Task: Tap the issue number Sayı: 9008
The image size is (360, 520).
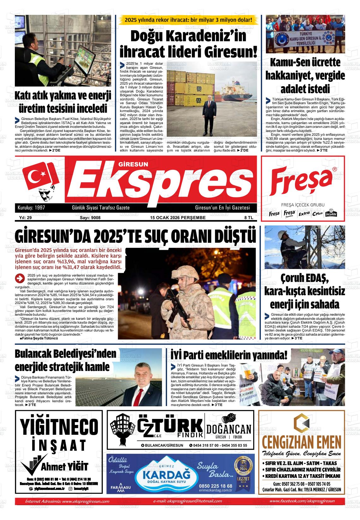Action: point(90,218)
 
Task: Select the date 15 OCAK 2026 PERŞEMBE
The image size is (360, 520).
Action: point(178,218)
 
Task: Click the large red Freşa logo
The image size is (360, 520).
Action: point(302,183)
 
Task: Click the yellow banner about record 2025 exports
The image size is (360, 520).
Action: point(189,20)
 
